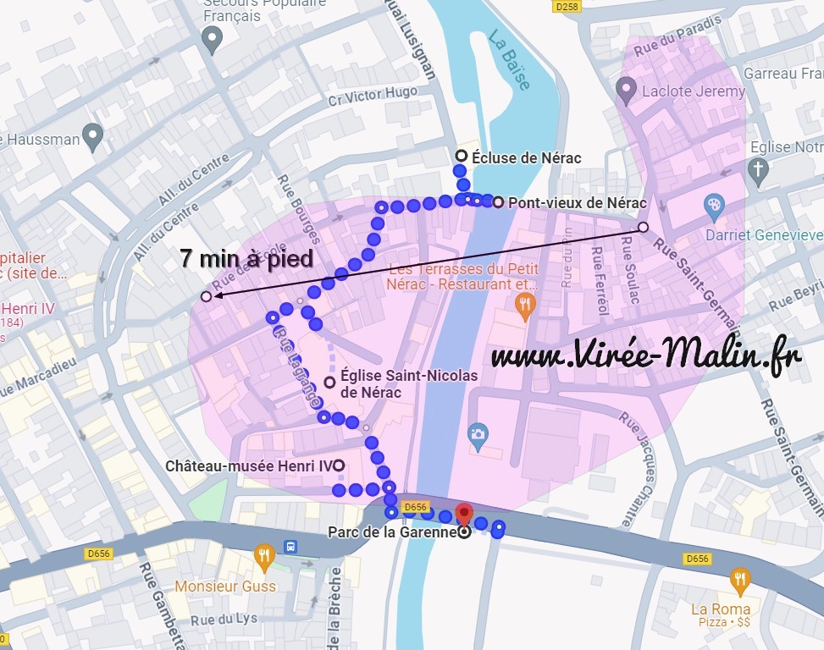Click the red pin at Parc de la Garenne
coord(464,513)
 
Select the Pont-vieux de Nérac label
coord(576,203)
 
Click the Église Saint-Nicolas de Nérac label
coord(409,383)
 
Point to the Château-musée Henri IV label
coord(249,466)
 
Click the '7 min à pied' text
coord(246,259)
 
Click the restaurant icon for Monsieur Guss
coord(265,555)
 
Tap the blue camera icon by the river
coord(478,435)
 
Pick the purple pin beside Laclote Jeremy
coord(626,87)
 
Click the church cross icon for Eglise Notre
coord(758,172)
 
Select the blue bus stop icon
coord(290,545)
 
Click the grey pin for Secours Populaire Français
coord(212,37)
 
